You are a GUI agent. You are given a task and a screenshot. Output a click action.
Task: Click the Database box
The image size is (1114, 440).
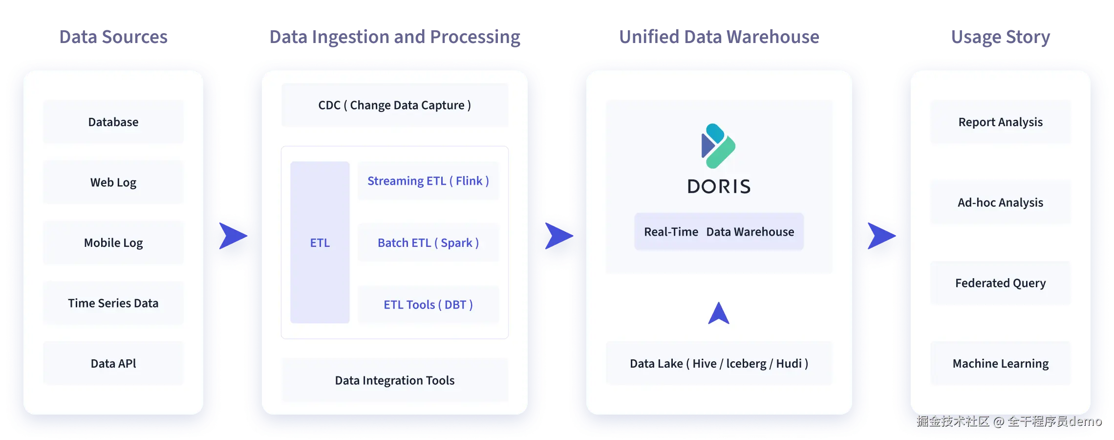[x=113, y=122]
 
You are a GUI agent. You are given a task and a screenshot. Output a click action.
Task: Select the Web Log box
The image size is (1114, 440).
[x=113, y=182]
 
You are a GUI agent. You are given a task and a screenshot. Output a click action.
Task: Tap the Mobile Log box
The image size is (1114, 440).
[x=113, y=242]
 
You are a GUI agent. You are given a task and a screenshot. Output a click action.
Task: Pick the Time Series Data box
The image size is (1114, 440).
[x=113, y=303]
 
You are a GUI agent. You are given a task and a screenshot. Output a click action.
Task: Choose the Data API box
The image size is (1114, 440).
[x=113, y=363]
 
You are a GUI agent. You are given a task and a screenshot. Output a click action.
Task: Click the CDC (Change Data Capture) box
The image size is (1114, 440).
[x=394, y=105]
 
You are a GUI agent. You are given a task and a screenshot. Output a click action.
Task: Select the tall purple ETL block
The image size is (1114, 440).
[x=320, y=242]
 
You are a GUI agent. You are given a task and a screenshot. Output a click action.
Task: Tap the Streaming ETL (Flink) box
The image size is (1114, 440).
[x=428, y=181]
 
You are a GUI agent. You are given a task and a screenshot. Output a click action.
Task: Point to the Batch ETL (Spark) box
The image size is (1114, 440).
[x=428, y=242]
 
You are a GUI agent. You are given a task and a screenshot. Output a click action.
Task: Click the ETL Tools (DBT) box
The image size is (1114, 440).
[x=428, y=305]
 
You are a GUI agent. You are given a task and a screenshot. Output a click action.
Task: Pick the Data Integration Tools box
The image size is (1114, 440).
[x=394, y=380]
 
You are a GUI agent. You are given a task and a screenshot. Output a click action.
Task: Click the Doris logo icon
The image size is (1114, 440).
[x=718, y=146]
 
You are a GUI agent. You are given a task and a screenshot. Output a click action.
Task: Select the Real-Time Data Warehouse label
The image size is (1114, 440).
[x=719, y=232]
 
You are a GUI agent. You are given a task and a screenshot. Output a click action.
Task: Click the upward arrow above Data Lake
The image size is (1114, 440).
[x=719, y=313]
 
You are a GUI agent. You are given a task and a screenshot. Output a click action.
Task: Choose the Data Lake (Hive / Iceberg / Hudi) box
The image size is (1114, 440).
[x=719, y=363]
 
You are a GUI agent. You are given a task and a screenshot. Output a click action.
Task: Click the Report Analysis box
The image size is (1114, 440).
[x=1000, y=122]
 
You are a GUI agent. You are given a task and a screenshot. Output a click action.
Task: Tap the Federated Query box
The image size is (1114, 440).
[x=1000, y=283]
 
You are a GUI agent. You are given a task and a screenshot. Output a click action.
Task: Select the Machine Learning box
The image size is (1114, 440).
[x=1000, y=363]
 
